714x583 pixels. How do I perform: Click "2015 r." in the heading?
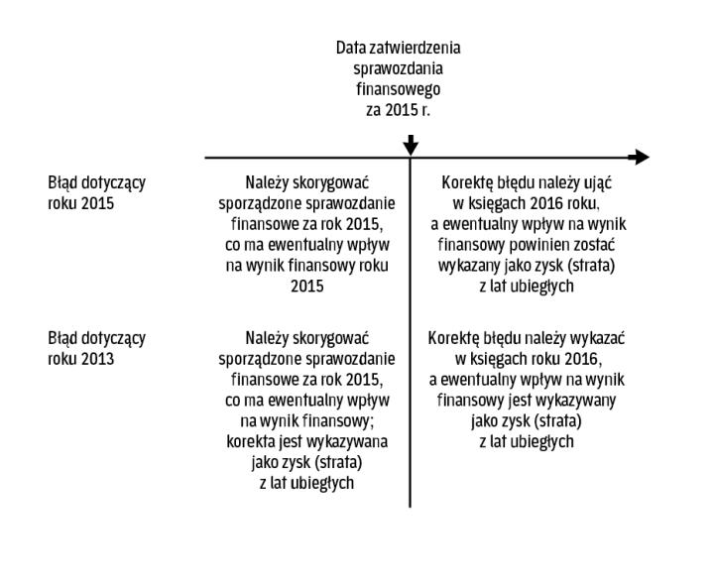click(x=409, y=109)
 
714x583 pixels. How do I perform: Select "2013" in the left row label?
click(x=97, y=359)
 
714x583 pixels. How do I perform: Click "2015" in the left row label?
click(x=97, y=204)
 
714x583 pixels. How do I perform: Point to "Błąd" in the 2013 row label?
click(x=64, y=338)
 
